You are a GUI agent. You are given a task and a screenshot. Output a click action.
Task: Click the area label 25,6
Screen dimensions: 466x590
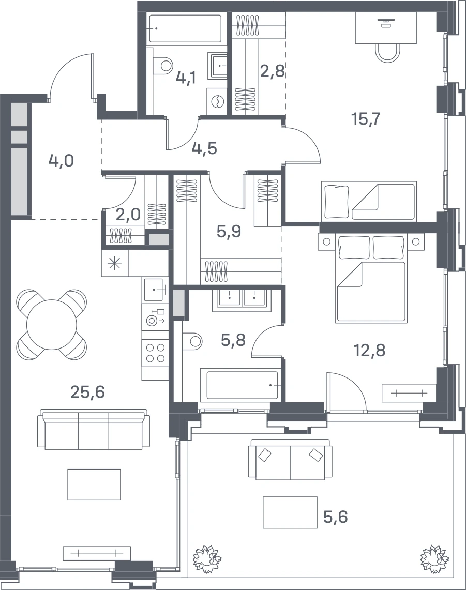point(88,392)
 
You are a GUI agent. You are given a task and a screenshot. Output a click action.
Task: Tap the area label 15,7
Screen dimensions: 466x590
point(366,119)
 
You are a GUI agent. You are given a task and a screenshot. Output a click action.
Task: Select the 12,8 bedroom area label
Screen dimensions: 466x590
point(369,350)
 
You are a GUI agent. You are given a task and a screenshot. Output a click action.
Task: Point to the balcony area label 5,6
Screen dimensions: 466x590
point(335,517)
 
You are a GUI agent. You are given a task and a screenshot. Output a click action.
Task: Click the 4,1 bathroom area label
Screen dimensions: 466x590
point(186,78)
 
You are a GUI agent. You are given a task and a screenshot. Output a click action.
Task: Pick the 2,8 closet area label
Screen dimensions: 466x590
point(273,71)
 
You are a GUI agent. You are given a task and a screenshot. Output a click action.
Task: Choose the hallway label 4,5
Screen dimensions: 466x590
point(204,148)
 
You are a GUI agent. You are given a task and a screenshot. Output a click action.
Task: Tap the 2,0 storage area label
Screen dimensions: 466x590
point(128,215)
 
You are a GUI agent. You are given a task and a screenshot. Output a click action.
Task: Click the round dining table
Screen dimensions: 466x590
point(52,324)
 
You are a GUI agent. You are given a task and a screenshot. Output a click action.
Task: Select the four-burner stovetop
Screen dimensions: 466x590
point(155,353)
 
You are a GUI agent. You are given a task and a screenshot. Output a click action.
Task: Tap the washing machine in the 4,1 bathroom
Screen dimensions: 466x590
point(217,101)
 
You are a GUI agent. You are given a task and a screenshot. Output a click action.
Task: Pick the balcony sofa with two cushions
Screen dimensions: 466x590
point(290,459)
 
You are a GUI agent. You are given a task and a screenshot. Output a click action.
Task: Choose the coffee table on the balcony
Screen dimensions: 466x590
point(290,512)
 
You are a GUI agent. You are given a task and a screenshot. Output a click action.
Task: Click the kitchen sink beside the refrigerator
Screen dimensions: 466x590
point(155,290)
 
